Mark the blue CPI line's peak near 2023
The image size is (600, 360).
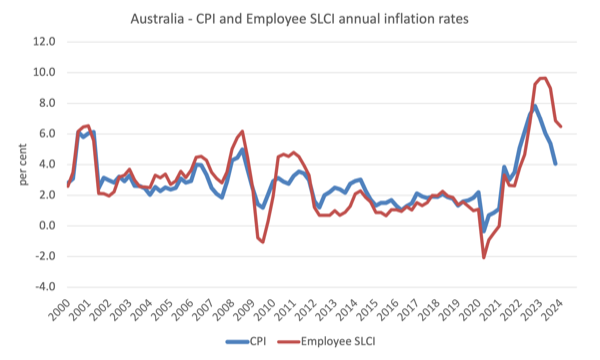tap(535, 106)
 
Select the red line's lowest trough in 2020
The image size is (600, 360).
tap(484, 258)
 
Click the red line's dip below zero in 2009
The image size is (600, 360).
tap(262, 242)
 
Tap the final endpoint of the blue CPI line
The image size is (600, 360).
tap(556, 163)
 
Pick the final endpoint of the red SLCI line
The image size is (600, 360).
tap(561, 127)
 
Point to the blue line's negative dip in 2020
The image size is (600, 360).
tap(484, 231)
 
